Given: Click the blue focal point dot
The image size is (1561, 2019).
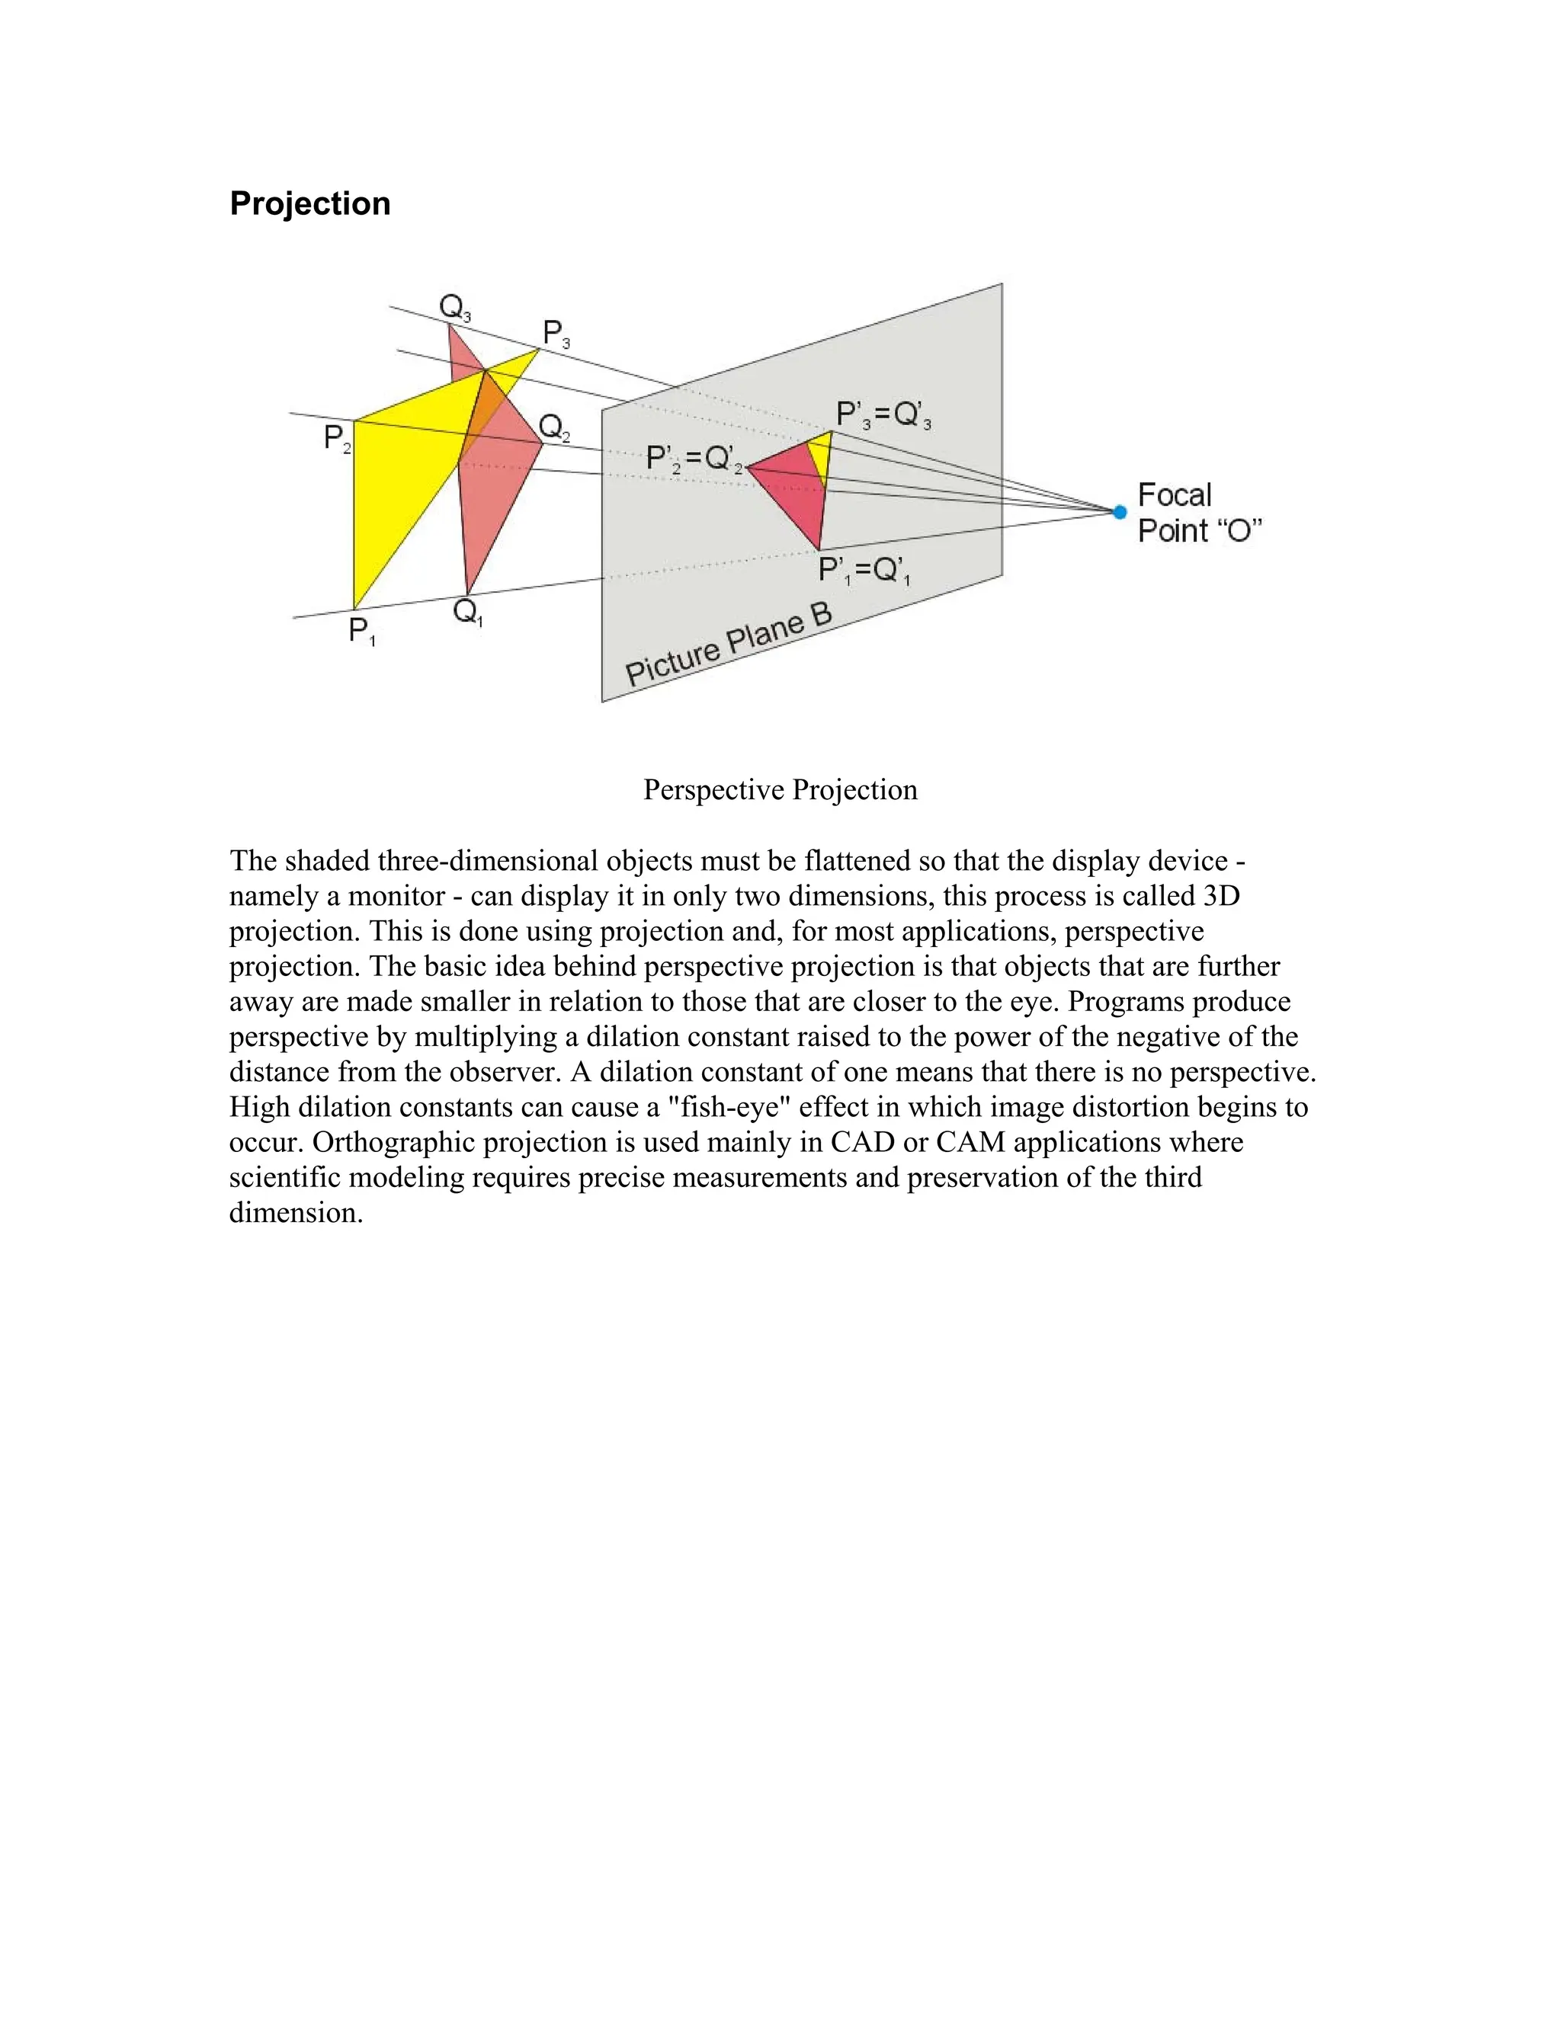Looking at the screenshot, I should tap(1119, 512).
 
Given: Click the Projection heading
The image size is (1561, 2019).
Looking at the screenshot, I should tap(309, 203).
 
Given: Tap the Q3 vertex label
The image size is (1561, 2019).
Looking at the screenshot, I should tap(454, 307).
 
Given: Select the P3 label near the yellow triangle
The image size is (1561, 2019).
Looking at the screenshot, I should tap(556, 334).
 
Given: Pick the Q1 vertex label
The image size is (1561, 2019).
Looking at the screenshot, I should tap(468, 613).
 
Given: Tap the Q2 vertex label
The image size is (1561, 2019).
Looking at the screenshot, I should tap(554, 428).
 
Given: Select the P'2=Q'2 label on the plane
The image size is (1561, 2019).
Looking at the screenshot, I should tap(694, 459).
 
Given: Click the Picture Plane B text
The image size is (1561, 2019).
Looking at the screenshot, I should tap(729, 645).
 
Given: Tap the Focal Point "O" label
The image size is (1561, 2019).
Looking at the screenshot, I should tap(1198, 513).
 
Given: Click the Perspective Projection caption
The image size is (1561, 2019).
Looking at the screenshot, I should tap(780, 789).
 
